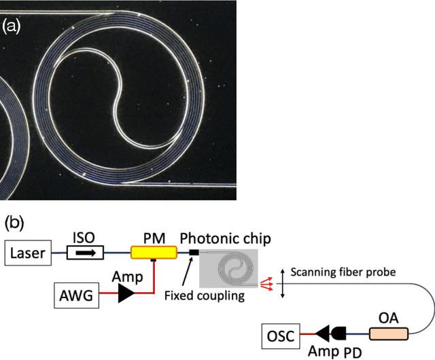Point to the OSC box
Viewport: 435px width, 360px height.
pyautogui.click(x=281, y=335)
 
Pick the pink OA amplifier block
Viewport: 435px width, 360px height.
pyautogui.click(x=388, y=334)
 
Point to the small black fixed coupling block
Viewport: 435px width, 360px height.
pyautogui.click(x=194, y=253)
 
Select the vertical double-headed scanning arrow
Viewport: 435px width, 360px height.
pyautogui.click(x=282, y=281)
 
